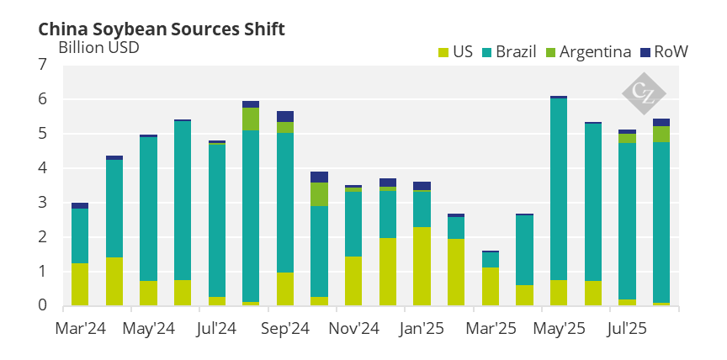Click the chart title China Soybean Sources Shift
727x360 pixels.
(x=162, y=29)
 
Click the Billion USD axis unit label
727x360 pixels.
(x=98, y=47)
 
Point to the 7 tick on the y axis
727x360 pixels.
(x=43, y=65)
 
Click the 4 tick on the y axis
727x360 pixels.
(x=43, y=168)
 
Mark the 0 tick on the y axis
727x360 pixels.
(x=43, y=305)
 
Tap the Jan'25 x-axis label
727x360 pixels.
(x=421, y=327)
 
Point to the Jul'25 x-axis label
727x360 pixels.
(x=626, y=327)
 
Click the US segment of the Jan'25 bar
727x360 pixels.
(x=422, y=266)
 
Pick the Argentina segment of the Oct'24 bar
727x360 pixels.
(x=319, y=194)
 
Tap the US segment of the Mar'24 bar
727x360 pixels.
(x=80, y=284)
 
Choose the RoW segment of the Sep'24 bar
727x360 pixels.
(x=285, y=116)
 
